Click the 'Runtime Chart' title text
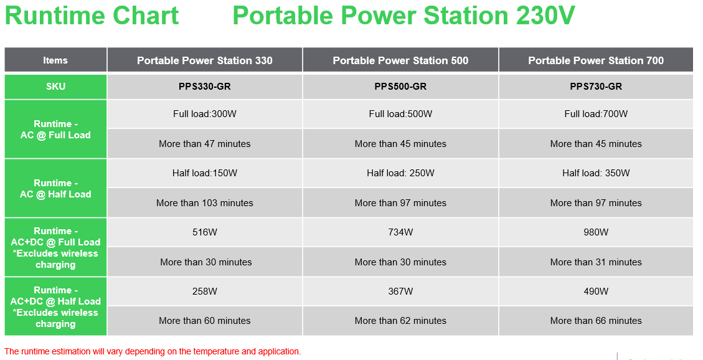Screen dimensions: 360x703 tap(92, 16)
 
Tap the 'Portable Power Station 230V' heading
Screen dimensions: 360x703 tap(403, 16)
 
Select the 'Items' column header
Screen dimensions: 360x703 tap(55, 60)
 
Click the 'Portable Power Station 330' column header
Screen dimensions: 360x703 tap(205, 60)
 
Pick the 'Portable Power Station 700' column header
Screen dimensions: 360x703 tap(596, 60)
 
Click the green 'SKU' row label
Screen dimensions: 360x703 tap(55, 87)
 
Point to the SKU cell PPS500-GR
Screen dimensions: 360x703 tap(400, 87)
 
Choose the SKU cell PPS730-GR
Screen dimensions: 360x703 tap(596, 87)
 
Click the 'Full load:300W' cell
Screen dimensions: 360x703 tap(205, 114)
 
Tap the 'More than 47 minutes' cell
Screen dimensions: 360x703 tap(205, 144)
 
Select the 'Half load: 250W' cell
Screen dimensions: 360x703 tap(400, 173)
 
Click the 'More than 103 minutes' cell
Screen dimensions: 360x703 tap(205, 203)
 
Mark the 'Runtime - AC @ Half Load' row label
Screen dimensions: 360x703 tap(55, 188)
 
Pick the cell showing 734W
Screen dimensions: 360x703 tap(400, 232)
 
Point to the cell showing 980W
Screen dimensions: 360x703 tap(596, 232)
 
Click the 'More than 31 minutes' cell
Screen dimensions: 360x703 tap(596, 262)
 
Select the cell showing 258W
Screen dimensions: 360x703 tap(205, 291)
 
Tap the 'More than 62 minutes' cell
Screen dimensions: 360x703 tap(400, 321)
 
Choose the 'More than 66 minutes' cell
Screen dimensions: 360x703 tap(596, 321)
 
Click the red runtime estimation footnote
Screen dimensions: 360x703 tap(153, 351)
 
